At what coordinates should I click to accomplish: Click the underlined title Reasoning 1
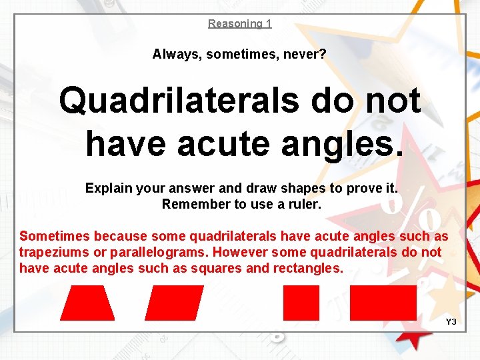pos(239,24)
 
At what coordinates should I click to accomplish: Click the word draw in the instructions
pos(257,189)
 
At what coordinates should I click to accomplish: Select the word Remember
pos(191,205)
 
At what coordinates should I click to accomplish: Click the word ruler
pos(304,205)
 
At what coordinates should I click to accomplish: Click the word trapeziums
pos(53,252)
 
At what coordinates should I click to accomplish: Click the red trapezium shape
pos(87,303)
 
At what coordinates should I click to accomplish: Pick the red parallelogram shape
pos(174,303)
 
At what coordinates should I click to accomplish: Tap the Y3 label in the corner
pos(451,322)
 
